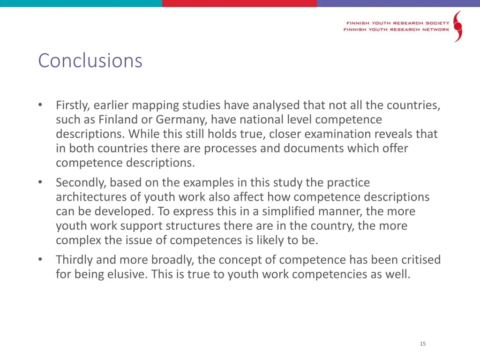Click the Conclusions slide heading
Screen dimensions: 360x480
tap(90, 60)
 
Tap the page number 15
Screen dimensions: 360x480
tap(423, 344)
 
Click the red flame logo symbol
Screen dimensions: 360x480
tap(457, 26)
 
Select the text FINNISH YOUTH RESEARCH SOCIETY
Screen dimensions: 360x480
tap(397, 22)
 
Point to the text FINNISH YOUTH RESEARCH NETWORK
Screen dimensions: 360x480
tap(396, 30)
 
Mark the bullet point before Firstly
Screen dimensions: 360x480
tap(41, 105)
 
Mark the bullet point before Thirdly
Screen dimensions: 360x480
tap(41, 259)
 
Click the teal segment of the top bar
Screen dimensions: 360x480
tap(81, 3)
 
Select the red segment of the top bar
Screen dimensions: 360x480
tap(239, 3)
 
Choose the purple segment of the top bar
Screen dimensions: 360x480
tap(398, 3)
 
